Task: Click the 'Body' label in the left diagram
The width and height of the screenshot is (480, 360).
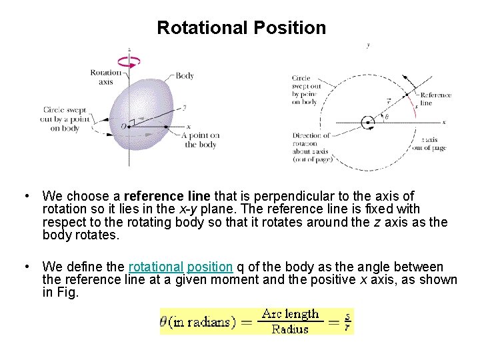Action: click(x=185, y=75)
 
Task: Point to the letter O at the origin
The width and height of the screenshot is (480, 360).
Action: click(x=123, y=126)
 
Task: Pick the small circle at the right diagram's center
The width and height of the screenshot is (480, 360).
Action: click(x=366, y=123)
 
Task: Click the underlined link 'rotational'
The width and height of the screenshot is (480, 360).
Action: click(x=155, y=267)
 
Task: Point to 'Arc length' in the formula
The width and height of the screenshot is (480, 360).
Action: click(x=291, y=313)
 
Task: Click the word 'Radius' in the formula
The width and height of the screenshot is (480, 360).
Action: click(x=291, y=328)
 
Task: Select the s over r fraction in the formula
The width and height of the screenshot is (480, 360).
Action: click(x=347, y=321)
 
